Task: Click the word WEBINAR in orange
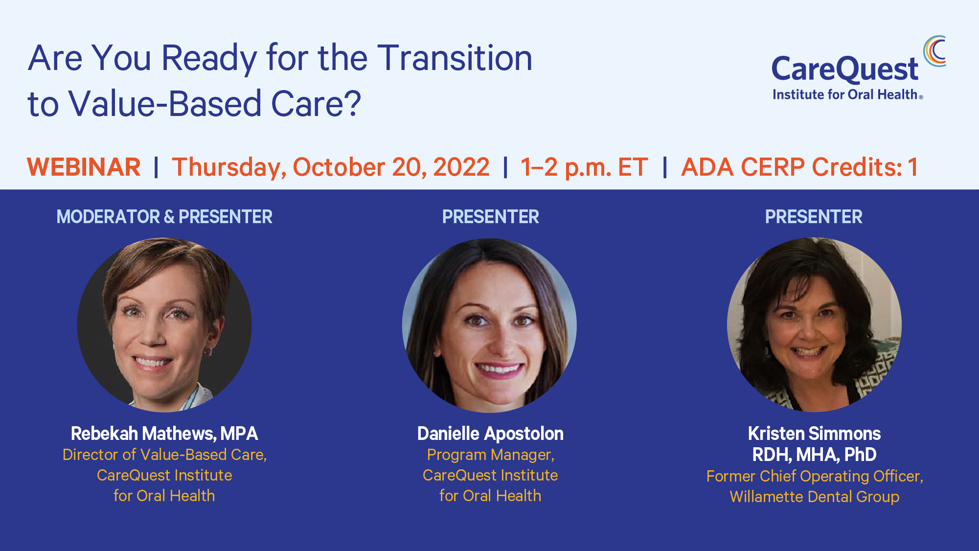84,167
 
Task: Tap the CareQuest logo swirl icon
934,51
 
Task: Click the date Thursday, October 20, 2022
330,167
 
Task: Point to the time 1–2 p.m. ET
584,167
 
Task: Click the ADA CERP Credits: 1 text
799,167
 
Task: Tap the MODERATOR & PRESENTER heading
164,217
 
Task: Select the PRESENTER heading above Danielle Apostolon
490,217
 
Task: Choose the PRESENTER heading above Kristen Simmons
814,217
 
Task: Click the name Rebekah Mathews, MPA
164,434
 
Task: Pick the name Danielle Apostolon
490,434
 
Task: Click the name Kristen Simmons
814,434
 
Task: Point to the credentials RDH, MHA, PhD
814,455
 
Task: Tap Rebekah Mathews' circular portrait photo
164,325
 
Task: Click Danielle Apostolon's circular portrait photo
489,325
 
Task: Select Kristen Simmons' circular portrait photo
814,325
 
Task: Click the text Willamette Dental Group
814,497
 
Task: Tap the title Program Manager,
490,455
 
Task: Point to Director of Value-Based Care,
164,455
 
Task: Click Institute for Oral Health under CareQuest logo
845,94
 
